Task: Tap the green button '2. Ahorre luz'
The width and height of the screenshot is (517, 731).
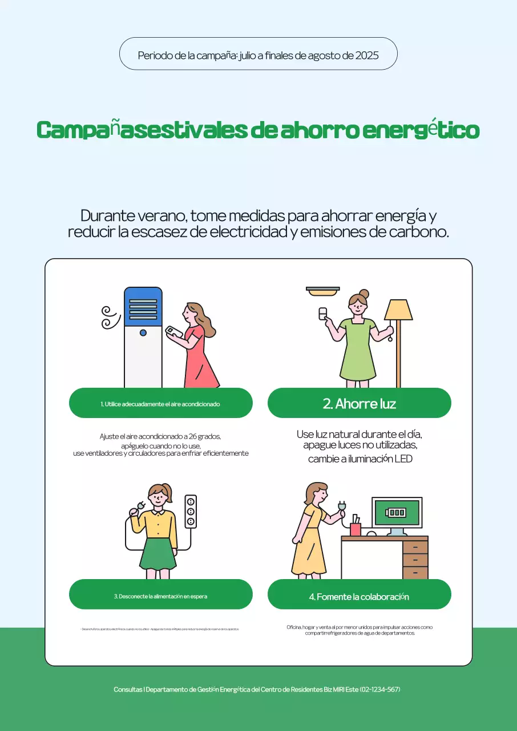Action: point(359,403)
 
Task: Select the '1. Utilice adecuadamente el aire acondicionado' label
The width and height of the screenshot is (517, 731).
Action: point(160,403)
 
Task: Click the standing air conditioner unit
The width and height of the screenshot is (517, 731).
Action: point(143,337)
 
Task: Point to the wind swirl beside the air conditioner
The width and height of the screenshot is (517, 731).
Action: point(110,317)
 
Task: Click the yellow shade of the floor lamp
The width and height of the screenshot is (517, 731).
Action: point(398,310)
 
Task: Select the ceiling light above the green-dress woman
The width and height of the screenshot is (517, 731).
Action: point(322,291)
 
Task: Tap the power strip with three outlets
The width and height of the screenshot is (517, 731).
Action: point(191,511)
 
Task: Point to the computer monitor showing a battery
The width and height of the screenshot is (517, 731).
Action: point(397,512)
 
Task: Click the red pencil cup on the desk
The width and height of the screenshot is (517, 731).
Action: point(356,529)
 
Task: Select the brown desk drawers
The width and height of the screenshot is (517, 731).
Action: point(415,560)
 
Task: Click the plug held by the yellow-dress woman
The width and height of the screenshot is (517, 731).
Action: point(342,506)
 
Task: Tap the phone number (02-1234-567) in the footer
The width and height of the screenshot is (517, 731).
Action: point(380,689)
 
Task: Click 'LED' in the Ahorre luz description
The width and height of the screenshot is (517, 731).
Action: point(403,459)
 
